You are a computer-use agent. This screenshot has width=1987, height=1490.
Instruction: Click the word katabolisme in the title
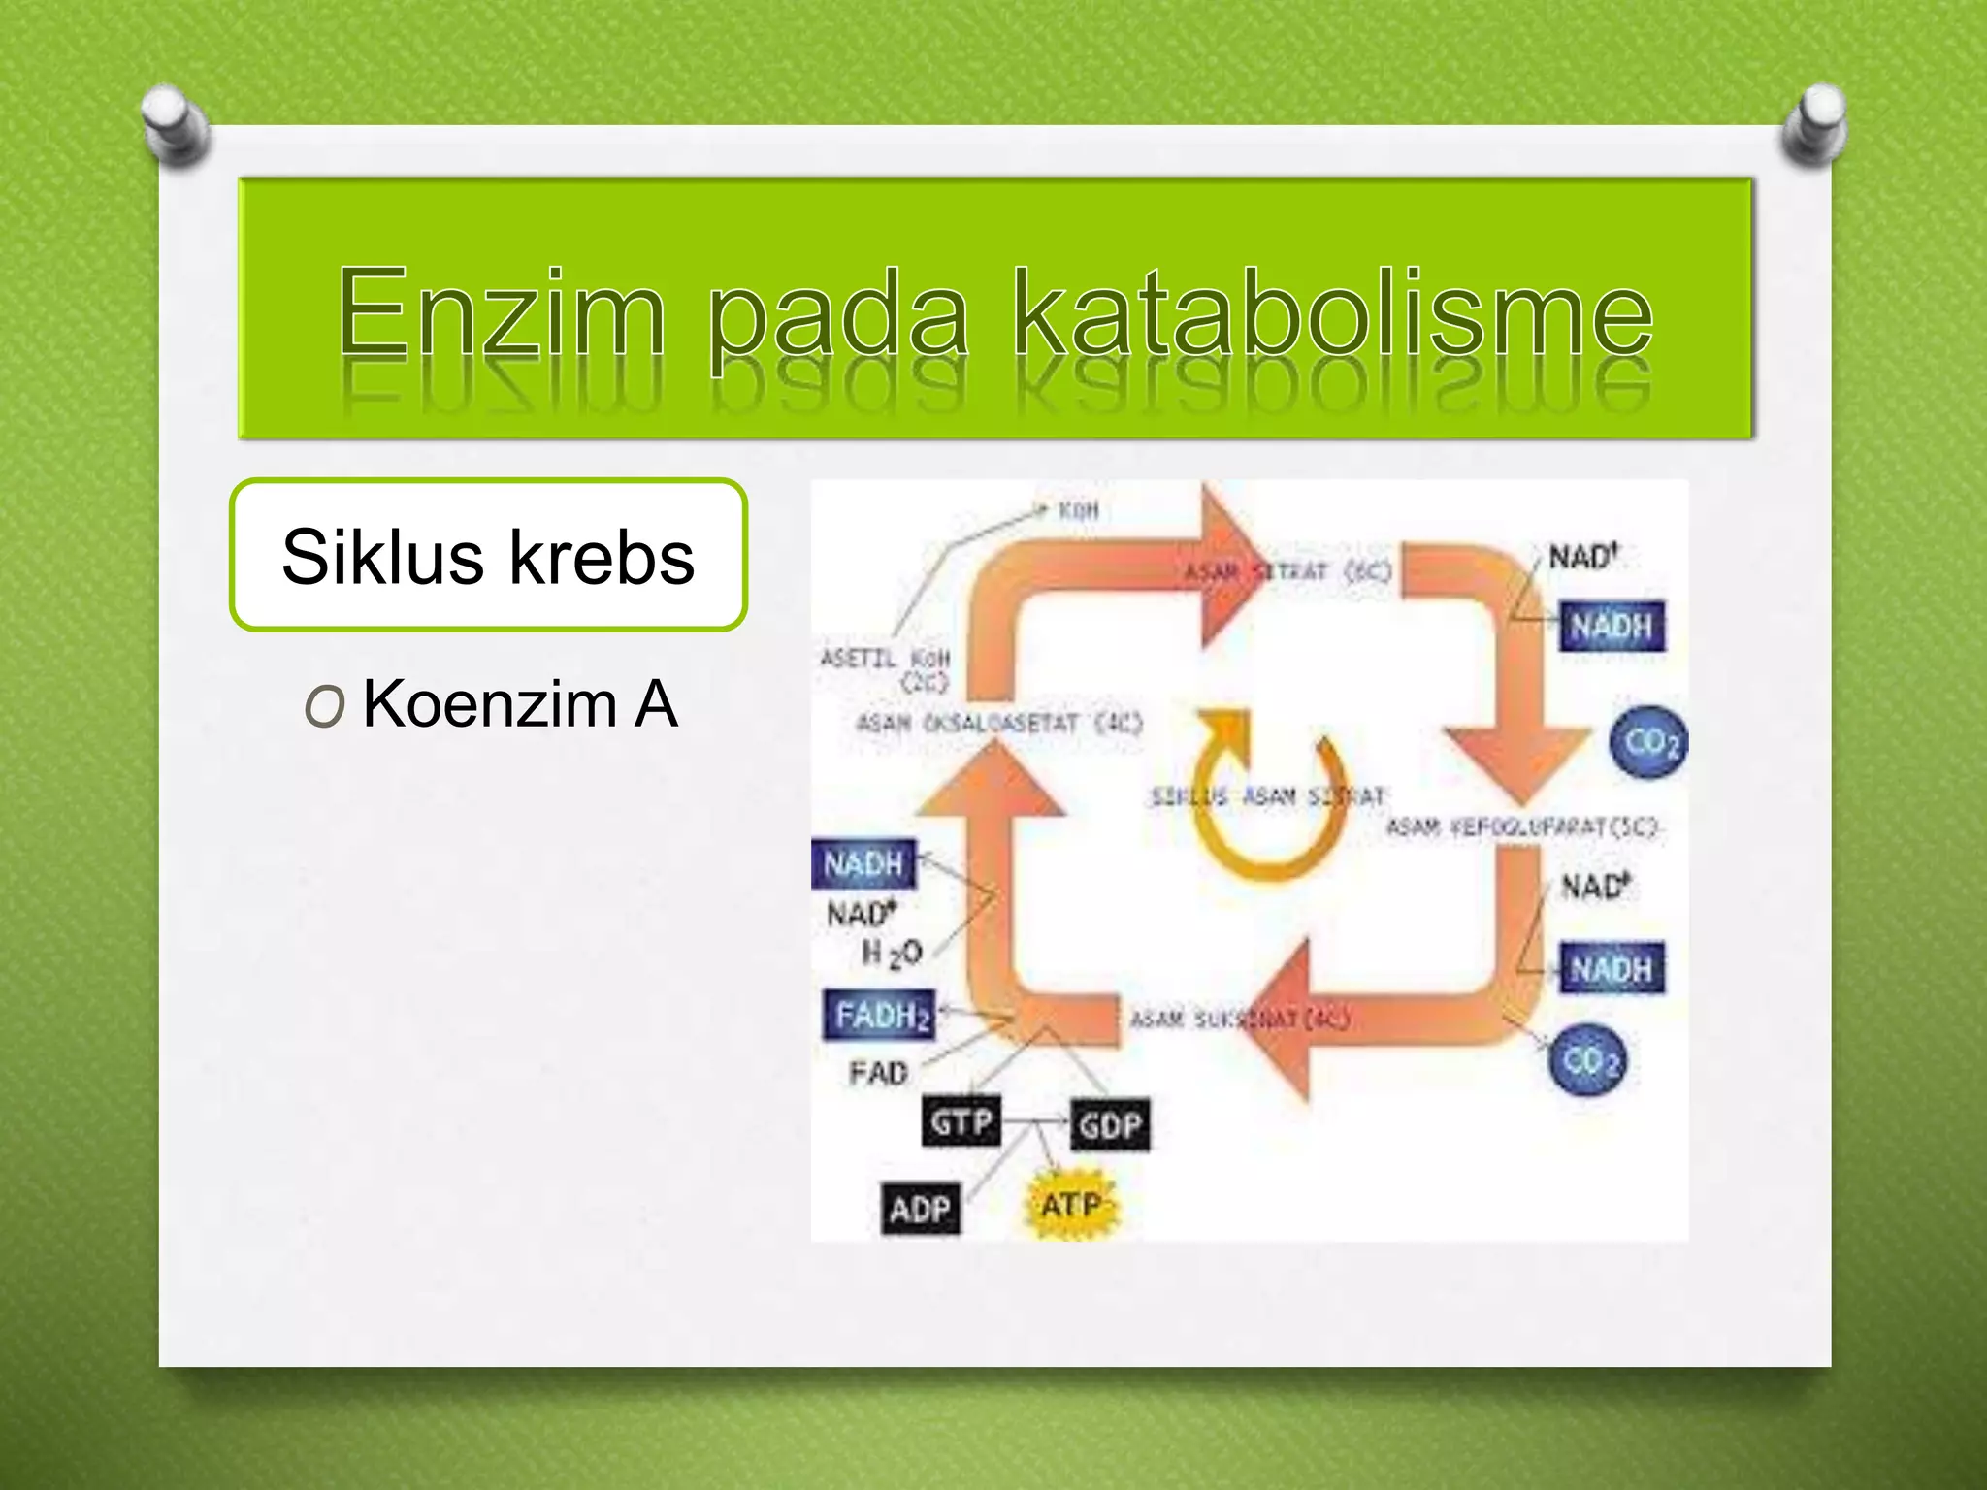1332,312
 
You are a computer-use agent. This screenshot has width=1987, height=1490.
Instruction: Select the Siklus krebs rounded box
488,556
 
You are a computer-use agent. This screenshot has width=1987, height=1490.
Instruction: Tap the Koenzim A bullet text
519,704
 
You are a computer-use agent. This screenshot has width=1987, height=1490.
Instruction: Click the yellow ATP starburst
1071,1206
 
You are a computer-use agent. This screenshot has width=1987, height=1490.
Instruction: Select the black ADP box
920,1209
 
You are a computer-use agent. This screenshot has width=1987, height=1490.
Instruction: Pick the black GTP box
961,1122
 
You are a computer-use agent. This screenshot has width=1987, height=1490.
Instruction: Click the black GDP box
1110,1125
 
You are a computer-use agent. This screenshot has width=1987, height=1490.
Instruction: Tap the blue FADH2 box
880,1016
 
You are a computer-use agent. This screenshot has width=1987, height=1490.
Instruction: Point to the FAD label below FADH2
878,1073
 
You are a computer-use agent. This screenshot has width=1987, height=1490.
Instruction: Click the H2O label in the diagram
892,954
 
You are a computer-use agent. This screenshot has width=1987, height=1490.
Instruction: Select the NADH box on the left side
863,863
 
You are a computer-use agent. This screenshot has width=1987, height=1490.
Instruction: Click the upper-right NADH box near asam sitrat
1612,626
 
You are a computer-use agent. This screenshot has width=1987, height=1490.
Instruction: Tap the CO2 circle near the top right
1649,742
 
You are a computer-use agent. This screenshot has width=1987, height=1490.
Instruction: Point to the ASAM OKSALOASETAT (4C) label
999,724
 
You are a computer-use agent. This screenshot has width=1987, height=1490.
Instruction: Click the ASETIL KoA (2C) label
887,669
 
